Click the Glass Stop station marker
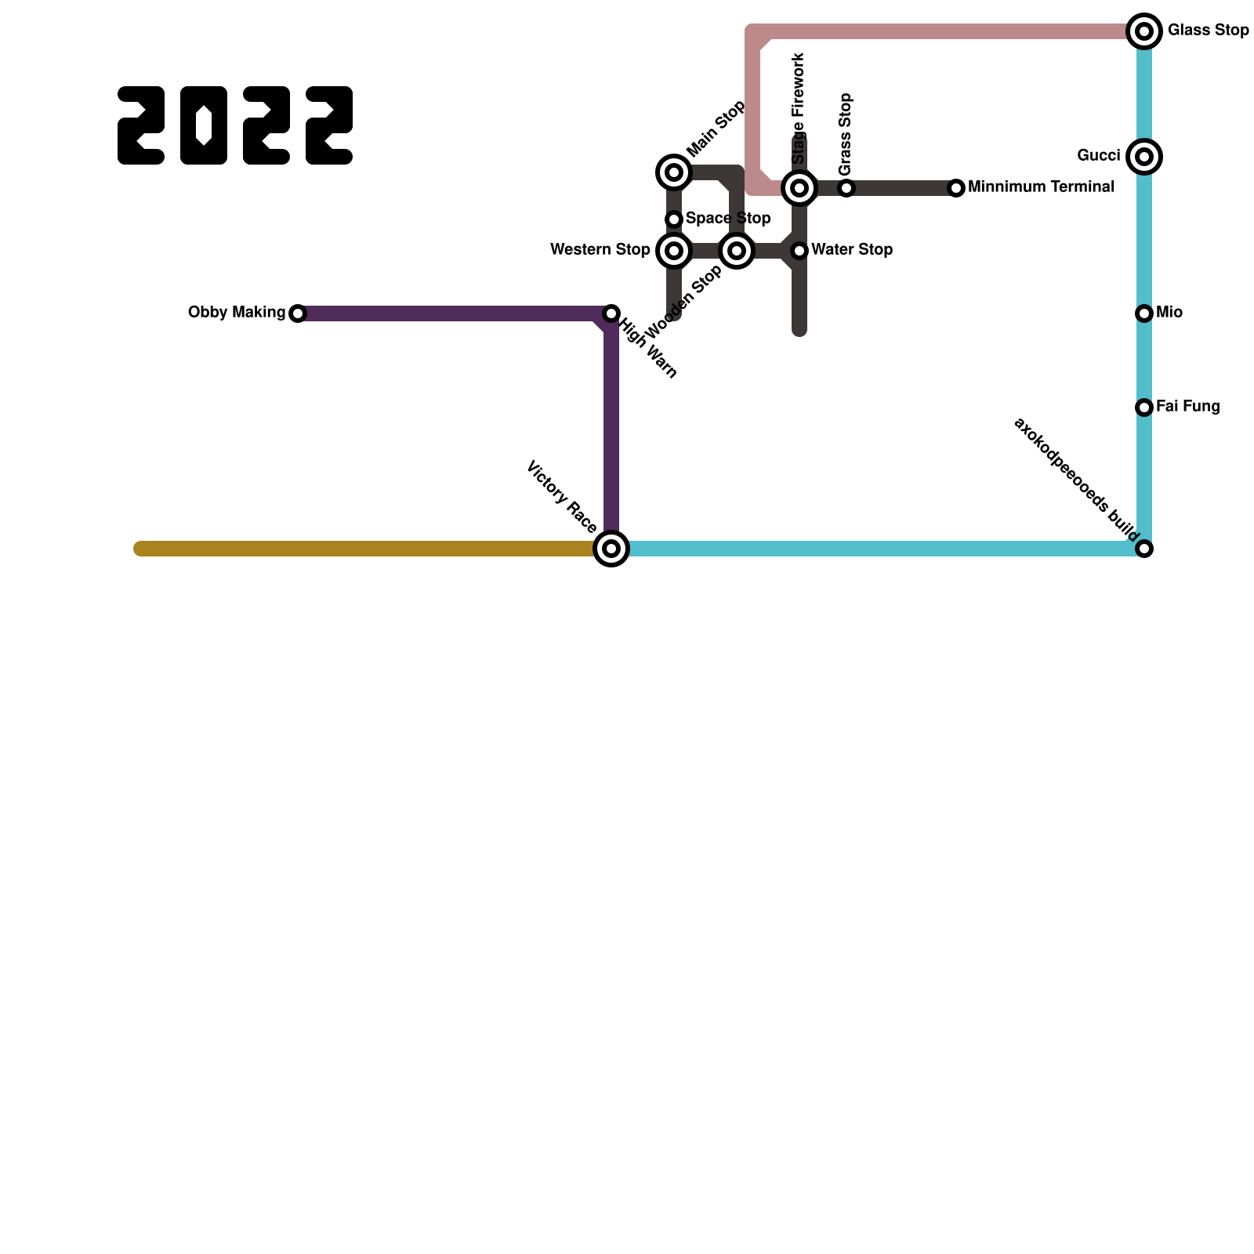point(1144,31)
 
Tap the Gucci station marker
point(1144,157)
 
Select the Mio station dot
point(1144,313)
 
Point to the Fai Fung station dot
point(1144,408)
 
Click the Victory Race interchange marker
point(611,549)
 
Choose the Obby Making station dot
point(298,313)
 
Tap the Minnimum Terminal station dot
point(956,188)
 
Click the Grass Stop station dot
point(846,188)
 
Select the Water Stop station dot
point(799,251)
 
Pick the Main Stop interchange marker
point(674,172)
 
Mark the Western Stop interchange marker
point(674,251)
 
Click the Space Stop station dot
point(674,219)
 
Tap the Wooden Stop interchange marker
point(737,251)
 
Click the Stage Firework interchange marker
point(799,188)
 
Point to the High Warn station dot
point(611,313)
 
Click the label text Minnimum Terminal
point(1041,187)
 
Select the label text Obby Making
point(237,313)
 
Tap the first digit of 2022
point(141,125)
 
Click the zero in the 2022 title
point(204,125)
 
